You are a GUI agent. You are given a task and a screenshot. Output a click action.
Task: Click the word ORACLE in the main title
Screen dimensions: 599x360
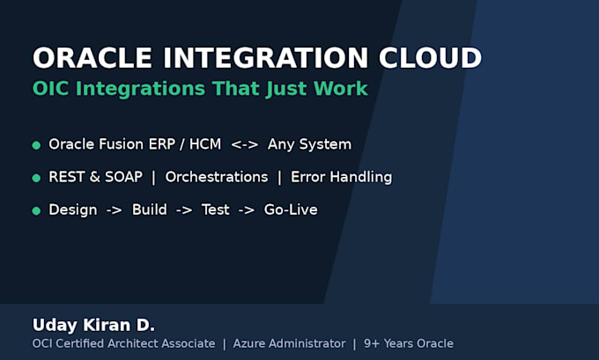point(92,58)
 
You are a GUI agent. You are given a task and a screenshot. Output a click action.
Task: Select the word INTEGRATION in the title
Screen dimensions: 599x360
point(265,58)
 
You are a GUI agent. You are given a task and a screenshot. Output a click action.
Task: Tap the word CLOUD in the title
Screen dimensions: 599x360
point(430,58)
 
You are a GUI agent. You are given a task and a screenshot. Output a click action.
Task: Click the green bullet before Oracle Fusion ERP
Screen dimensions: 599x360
point(36,145)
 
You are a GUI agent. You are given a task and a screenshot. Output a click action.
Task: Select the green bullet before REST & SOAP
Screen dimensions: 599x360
point(36,178)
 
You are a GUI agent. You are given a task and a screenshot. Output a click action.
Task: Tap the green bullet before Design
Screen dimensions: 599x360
point(36,210)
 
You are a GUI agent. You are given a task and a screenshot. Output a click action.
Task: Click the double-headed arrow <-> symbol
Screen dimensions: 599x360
point(245,145)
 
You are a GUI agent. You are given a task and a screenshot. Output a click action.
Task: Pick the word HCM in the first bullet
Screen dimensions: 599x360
point(205,144)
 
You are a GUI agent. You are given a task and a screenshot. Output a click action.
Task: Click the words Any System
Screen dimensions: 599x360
point(309,144)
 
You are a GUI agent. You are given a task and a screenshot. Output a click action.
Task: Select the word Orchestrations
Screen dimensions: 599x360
point(217,177)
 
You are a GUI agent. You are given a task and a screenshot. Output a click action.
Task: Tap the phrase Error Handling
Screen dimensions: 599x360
point(341,177)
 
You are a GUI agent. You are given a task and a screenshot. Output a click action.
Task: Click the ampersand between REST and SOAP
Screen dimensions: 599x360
point(95,177)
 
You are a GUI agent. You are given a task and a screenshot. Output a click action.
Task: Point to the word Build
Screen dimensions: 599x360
point(150,209)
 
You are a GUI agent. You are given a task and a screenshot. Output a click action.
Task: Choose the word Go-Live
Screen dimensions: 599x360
point(291,209)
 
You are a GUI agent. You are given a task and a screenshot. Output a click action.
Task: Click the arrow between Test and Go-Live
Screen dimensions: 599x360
point(247,210)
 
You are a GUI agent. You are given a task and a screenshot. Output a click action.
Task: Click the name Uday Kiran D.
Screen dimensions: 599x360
point(94,326)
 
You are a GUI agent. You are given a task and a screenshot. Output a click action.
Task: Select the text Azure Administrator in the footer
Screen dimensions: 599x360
point(289,343)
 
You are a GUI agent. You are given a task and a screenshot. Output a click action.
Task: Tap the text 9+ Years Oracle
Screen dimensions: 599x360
point(409,343)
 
